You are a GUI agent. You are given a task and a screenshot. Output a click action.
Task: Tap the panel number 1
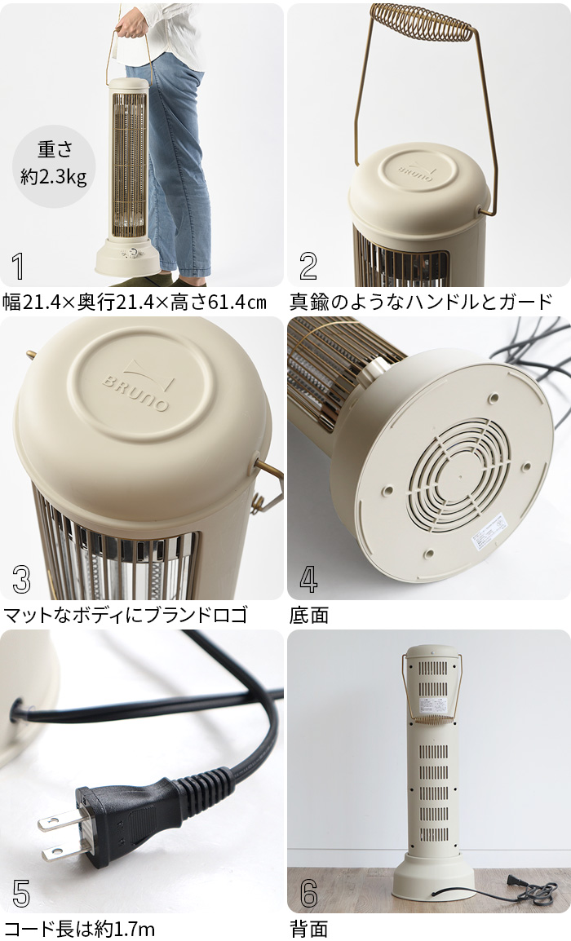(19, 267)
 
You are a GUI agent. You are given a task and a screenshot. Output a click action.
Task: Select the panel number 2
(308, 267)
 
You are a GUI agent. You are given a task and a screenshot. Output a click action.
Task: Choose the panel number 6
(308, 893)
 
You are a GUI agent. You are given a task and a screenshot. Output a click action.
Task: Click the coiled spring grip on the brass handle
(422, 25)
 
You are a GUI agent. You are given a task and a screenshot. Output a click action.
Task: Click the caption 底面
(309, 616)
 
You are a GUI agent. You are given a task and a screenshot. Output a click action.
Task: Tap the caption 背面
(309, 929)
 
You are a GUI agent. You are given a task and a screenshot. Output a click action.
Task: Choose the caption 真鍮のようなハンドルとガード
(421, 302)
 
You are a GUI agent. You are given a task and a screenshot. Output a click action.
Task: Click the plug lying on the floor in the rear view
(514, 881)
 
